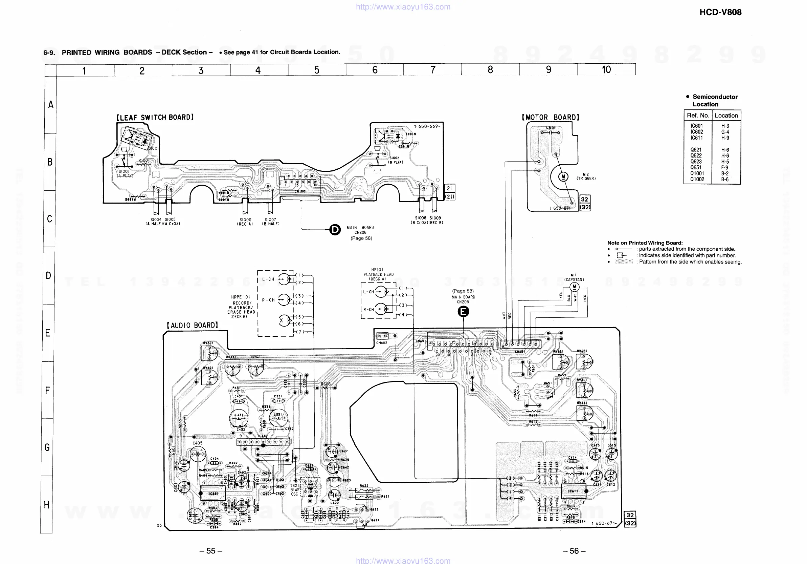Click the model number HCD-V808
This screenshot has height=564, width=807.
click(x=720, y=12)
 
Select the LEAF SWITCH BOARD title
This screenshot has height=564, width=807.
click(x=155, y=118)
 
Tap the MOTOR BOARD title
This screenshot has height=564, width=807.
click(x=551, y=118)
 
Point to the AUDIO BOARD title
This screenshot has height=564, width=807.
click(x=192, y=326)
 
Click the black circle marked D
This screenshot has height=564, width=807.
click(x=335, y=230)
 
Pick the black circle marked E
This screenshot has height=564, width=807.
click(x=463, y=311)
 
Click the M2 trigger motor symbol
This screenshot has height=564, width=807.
click(x=563, y=176)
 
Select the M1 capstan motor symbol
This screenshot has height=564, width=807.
click(x=574, y=287)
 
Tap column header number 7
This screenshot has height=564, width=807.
click(x=433, y=70)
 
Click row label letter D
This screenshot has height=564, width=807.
click(x=48, y=275)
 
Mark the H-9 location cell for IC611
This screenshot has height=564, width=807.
click(x=725, y=138)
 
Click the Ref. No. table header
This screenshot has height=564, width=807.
click(x=698, y=116)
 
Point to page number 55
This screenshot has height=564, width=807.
click(x=210, y=551)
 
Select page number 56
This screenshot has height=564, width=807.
click(x=574, y=551)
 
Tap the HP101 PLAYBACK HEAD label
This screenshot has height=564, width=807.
click(x=379, y=274)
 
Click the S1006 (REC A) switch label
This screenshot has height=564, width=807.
click(x=245, y=222)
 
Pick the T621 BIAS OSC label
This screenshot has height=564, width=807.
click(x=294, y=489)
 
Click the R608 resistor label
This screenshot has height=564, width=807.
click(x=326, y=384)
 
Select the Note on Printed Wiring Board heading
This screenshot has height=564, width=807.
click(x=645, y=243)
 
